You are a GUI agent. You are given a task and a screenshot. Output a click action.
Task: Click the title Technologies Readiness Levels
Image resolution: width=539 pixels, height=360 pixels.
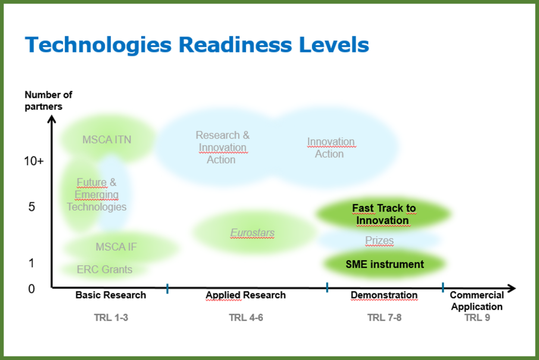197,45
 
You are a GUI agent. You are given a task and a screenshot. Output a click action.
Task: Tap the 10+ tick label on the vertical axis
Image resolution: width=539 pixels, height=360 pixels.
34,161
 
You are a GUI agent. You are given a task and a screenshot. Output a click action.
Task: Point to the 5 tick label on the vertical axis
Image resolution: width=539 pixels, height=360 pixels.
31,207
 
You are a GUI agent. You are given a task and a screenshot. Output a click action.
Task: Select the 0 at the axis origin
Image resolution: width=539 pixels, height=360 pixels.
31,288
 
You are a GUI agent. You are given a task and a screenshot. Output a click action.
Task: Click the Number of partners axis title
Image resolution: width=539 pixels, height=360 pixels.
48,100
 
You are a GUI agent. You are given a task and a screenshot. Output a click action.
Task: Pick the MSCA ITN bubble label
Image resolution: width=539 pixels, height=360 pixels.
107,140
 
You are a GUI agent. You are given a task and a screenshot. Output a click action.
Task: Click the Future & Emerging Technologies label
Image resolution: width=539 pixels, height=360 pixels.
97,194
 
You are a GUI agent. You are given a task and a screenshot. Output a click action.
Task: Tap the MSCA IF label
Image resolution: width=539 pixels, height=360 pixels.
116,247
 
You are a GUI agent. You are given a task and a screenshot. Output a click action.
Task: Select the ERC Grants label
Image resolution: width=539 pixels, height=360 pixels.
104,269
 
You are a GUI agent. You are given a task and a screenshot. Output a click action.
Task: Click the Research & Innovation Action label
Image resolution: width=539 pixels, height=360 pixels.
222,147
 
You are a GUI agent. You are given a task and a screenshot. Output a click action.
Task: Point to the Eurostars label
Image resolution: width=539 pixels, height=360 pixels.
252,233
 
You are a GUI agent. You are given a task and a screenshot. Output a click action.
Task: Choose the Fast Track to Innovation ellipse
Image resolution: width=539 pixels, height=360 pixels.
384,214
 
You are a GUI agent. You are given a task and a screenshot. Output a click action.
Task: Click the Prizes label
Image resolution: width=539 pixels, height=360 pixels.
379,241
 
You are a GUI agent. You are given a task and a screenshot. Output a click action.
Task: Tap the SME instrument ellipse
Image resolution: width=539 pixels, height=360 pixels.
385,264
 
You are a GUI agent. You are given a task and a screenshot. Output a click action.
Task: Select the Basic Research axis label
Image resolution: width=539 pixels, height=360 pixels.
111,295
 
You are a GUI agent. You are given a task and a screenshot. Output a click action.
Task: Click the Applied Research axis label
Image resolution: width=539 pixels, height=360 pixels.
246,295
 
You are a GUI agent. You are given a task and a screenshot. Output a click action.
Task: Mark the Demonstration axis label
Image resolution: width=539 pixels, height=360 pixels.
384,295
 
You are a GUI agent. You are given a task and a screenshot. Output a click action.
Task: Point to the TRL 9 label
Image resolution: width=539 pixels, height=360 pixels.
477,318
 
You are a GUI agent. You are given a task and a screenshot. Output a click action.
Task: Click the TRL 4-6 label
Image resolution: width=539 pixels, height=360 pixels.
246,318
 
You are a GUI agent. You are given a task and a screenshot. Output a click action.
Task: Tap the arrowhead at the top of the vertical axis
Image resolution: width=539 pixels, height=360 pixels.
51,119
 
